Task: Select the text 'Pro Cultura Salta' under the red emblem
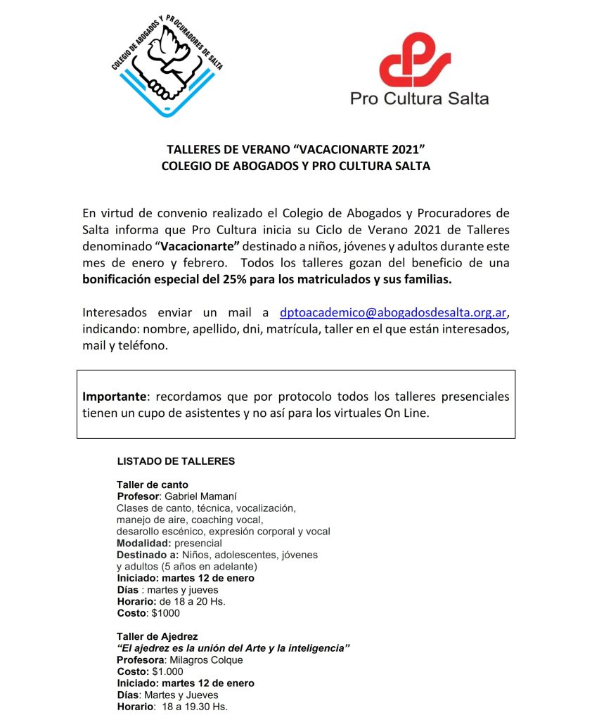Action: [419, 98]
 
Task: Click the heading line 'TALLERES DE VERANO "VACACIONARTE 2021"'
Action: [296, 150]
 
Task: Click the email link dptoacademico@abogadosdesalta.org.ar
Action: [393, 312]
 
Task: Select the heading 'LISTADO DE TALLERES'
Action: [176, 462]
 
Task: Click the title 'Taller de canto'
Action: [153, 484]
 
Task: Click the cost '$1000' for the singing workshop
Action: [166, 612]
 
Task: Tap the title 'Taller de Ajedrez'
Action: [157, 636]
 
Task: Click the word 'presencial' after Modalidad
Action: [198, 543]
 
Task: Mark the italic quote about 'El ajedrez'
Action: [233, 648]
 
